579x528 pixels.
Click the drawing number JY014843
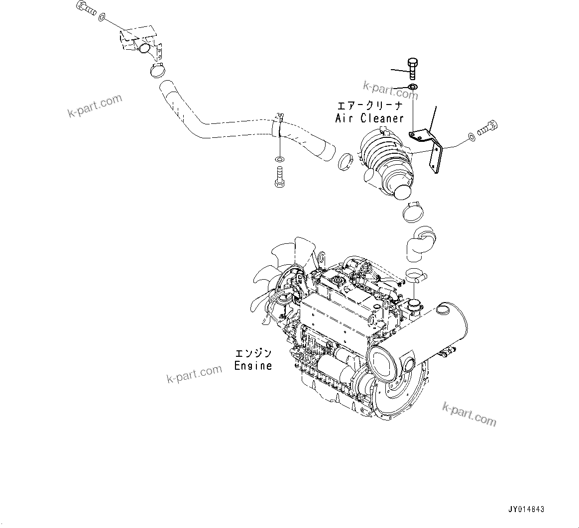coord(526,510)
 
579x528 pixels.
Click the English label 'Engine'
coord(253,366)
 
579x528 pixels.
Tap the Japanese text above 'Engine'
coord(253,353)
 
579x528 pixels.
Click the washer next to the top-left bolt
coord(101,18)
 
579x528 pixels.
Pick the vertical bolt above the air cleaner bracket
coord(412,68)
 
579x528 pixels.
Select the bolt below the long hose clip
coord(279,178)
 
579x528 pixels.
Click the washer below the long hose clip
coord(280,159)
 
